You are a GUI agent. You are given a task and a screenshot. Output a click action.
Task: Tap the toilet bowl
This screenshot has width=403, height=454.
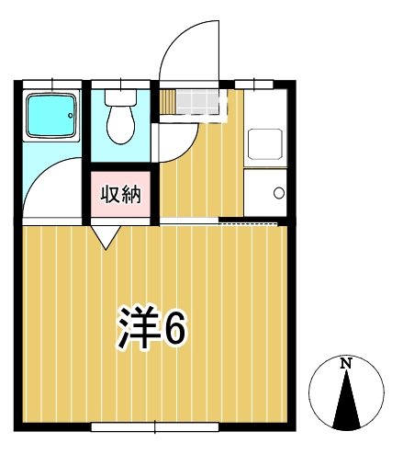(x=120, y=123)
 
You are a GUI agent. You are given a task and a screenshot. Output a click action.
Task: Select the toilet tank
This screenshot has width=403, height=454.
(x=120, y=96)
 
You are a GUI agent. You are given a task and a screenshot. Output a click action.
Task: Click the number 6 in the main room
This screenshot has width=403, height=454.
(x=174, y=327)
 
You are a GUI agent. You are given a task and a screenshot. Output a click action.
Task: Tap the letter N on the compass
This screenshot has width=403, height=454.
(x=346, y=364)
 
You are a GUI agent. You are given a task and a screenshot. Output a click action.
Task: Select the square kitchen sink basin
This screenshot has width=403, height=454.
(x=265, y=144)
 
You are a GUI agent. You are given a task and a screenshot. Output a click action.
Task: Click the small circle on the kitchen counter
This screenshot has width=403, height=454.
(x=279, y=193)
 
